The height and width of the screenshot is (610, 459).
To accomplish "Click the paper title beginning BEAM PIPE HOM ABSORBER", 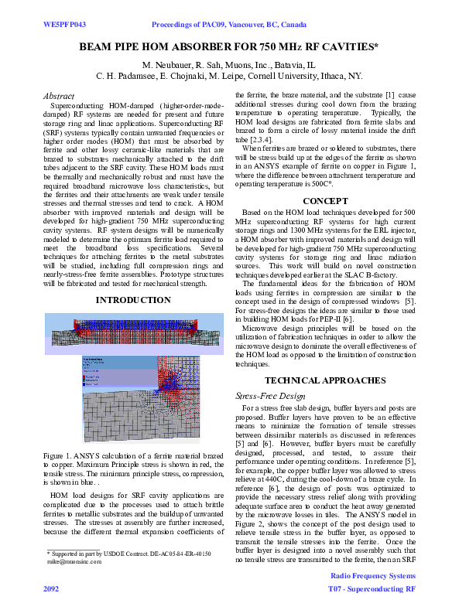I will (229, 47).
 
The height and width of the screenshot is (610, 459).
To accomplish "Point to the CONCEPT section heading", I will (324, 200).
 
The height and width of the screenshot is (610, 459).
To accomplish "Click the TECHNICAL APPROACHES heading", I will (324, 380).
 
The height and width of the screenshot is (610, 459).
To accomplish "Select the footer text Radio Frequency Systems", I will (373, 577).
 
